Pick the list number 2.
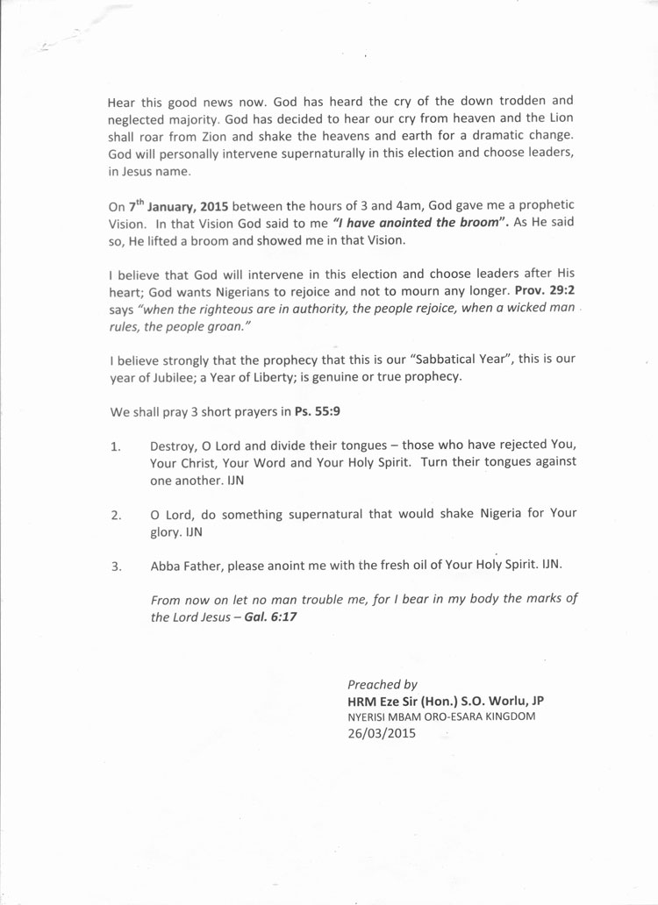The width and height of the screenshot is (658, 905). click(x=116, y=515)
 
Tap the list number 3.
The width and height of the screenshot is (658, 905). click(x=116, y=567)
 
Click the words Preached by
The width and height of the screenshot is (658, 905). click(x=383, y=684)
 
